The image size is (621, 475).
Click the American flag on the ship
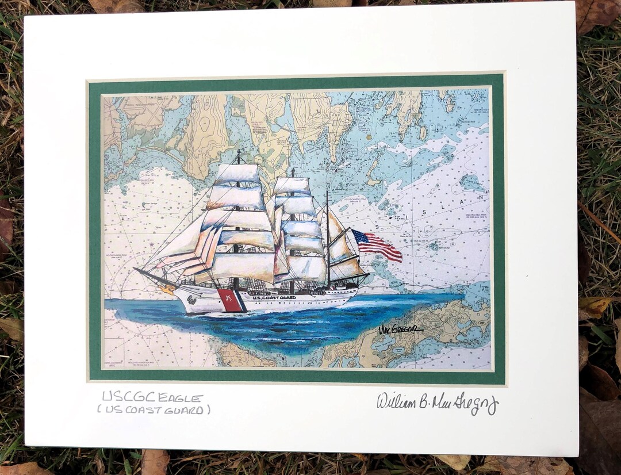(x=377, y=245)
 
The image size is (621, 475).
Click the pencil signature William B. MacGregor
(x=437, y=402)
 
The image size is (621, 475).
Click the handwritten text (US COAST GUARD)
(x=154, y=410)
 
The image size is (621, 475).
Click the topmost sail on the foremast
(x=238, y=174)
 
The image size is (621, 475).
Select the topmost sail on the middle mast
(x=292, y=185)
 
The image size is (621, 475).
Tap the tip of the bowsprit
(x=136, y=269)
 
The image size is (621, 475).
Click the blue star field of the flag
(x=360, y=236)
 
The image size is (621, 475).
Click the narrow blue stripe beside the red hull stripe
(x=242, y=301)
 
